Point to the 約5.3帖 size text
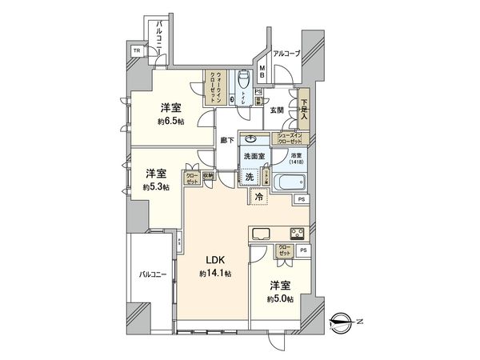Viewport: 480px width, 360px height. pos(157,187)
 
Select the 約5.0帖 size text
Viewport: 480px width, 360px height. pos(280,298)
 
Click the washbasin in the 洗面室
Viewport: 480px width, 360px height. pos(251,137)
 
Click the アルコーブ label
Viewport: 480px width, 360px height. pos(286,54)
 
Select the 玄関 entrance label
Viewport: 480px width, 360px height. pos(277,109)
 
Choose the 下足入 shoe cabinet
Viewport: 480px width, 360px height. pos(303,108)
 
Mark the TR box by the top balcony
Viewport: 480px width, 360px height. pos(137,50)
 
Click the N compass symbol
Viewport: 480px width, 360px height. pos(346,323)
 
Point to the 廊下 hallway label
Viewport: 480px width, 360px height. pos(227,140)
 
